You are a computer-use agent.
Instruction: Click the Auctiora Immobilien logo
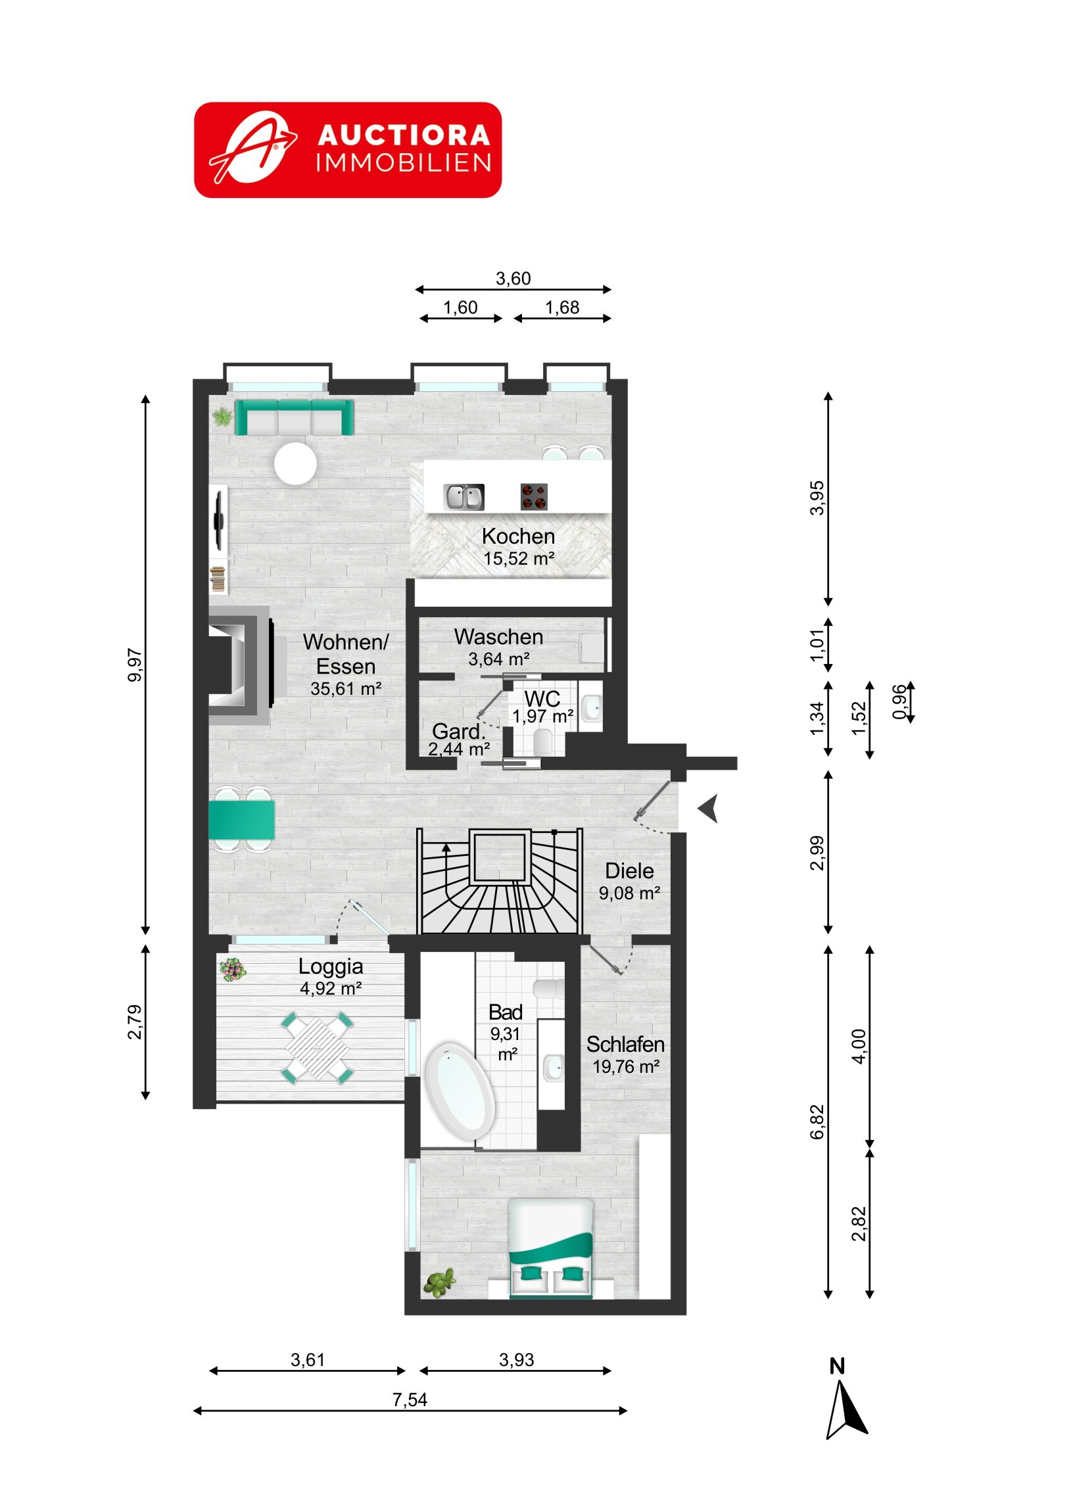348,149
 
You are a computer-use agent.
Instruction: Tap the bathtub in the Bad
459,1091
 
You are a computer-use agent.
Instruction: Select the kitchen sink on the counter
463,497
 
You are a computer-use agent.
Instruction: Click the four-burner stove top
533,496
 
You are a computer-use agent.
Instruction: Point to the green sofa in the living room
294,417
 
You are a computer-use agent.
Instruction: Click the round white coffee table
295,463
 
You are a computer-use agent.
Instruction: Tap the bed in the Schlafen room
552,1248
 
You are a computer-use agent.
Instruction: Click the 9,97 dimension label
134,665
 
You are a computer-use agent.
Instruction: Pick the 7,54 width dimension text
410,1400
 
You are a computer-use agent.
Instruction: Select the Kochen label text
518,536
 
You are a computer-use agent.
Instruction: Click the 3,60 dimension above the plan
513,279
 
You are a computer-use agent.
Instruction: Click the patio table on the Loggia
318,1049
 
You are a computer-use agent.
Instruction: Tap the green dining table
242,820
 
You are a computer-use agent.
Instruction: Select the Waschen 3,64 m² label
498,648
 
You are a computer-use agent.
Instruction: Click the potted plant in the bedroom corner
439,1283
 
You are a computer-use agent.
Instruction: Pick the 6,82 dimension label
817,1122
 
